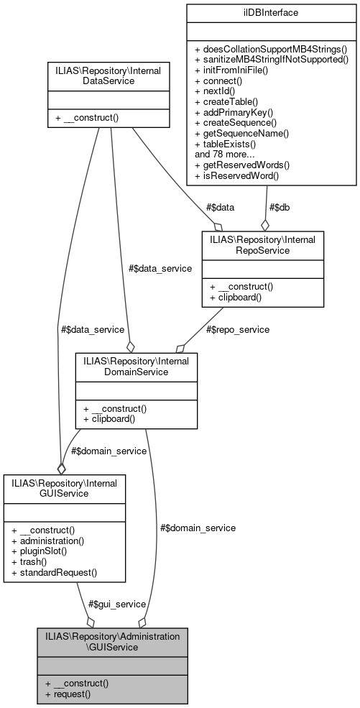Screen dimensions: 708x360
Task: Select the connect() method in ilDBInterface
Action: [x=223, y=81]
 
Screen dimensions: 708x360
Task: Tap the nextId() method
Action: [x=221, y=92]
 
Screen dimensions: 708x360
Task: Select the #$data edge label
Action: [x=220, y=207]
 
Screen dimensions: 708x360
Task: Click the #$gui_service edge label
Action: [x=117, y=604]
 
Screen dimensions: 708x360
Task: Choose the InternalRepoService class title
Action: [x=263, y=243]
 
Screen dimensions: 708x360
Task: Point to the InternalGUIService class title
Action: [x=65, y=487]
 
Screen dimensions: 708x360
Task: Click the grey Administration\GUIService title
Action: [x=112, y=642]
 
